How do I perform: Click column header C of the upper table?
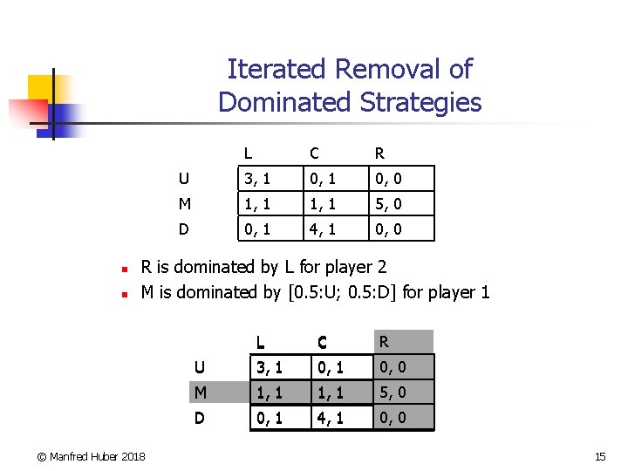(314, 154)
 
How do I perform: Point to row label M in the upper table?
(183, 204)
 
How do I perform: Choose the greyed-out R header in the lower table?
(385, 340)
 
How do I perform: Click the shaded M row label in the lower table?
(201, 392)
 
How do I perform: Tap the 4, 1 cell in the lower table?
(328, 418)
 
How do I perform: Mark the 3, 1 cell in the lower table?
(267, 366)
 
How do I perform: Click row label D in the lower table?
(199, 418)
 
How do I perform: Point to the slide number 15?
(599, 456)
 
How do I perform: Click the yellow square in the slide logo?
(40, 87)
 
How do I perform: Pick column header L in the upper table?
(249, 154)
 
